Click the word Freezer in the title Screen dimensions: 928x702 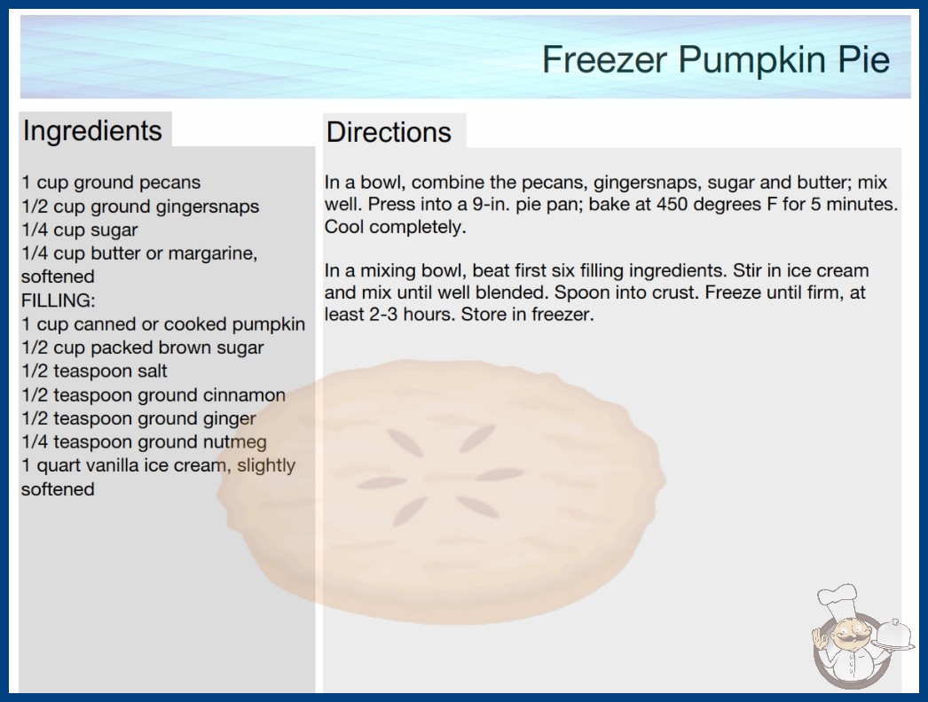coord(604,59)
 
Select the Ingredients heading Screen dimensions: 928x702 coord(91,131)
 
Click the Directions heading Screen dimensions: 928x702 coord(389,132)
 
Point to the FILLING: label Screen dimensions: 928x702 coord(58,300)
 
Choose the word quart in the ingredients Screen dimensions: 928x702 coord(59,466)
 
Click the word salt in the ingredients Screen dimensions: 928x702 coord(152,370)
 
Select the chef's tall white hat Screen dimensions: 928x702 coord(838,601)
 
